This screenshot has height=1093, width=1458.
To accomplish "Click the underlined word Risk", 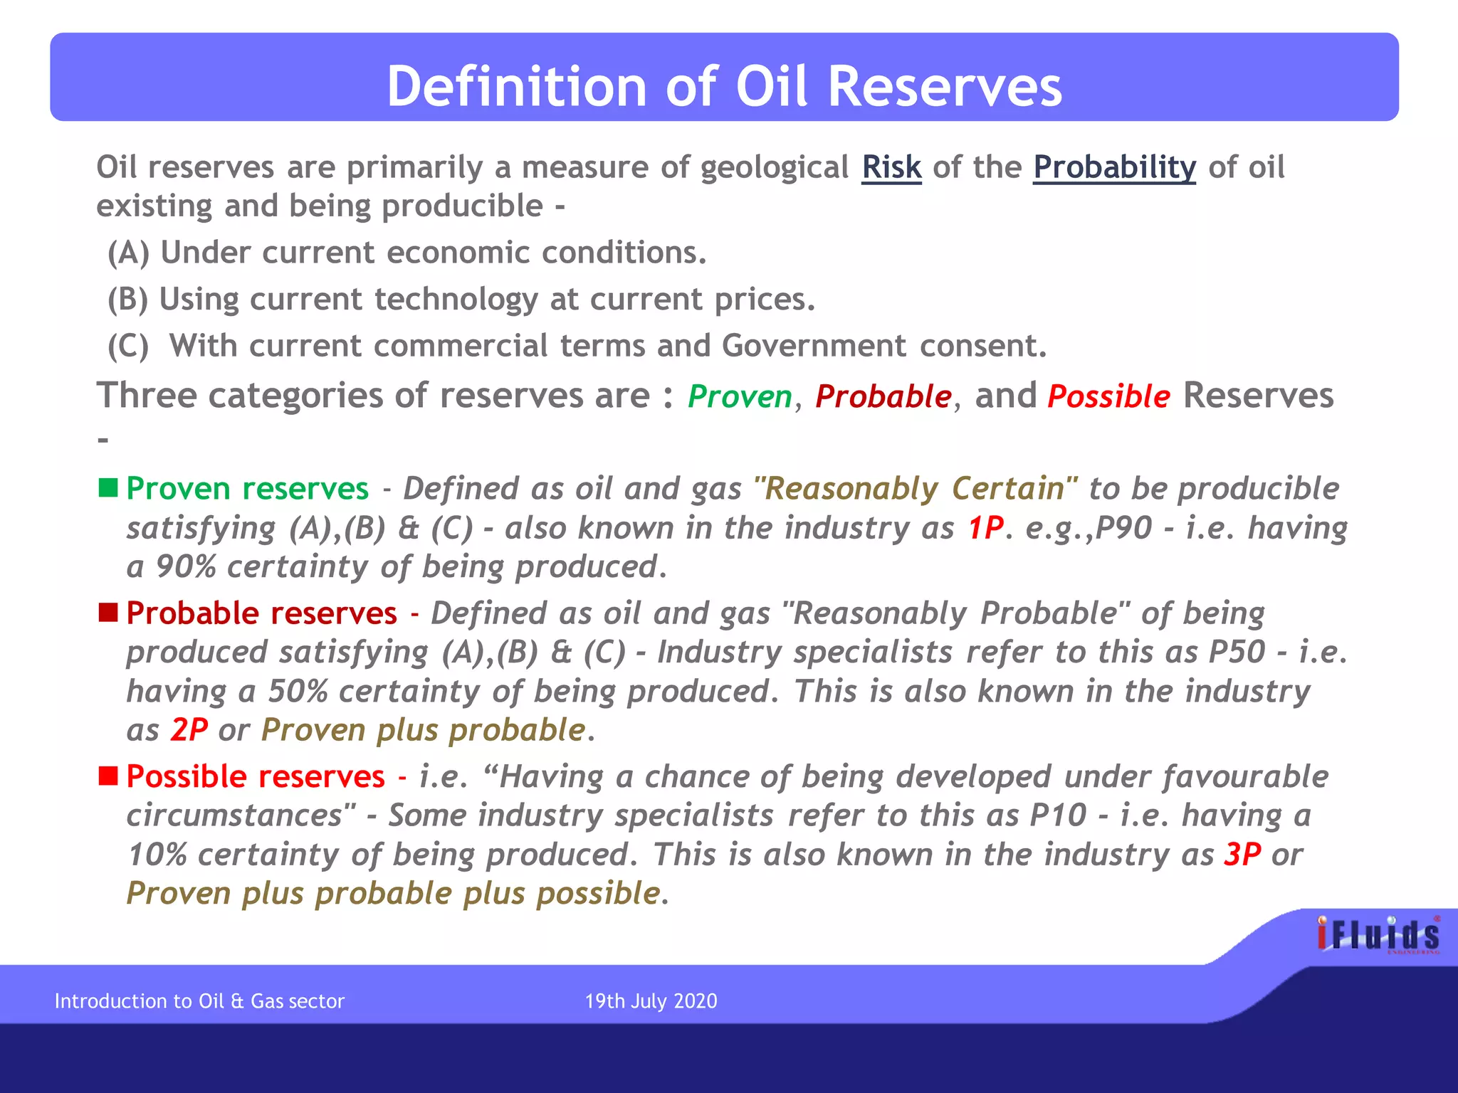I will (891, 168).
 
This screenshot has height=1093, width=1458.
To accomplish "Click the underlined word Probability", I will (1114, 168).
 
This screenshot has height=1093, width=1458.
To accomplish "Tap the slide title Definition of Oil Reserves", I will (724, 86).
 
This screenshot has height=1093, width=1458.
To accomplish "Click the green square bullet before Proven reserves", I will (108, 488).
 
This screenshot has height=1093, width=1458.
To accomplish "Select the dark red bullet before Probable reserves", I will (108, 613).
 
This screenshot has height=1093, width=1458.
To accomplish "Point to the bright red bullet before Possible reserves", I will (108, 776).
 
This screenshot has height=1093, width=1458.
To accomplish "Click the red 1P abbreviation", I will (985, 528).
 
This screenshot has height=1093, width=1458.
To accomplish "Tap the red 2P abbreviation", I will (189, 730).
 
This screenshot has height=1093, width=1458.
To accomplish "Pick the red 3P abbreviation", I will (1242, 855).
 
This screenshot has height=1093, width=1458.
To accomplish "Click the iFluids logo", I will (1378, 935).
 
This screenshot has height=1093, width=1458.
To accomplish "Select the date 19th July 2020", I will (651, 1001).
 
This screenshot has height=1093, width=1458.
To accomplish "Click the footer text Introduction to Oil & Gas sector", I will (199, 1001).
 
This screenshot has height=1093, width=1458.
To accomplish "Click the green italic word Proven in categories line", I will (740, 397).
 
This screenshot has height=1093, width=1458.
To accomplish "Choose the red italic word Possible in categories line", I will (1108, 397).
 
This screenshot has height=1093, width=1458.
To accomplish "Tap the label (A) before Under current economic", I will (128, 253).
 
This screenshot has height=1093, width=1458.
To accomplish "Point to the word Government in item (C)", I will (814, 346).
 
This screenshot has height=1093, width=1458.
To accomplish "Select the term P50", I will (1237, 652).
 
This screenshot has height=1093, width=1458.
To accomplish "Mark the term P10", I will (1058, 815).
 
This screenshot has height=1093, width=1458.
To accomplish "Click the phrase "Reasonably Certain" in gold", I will (916, 489).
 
